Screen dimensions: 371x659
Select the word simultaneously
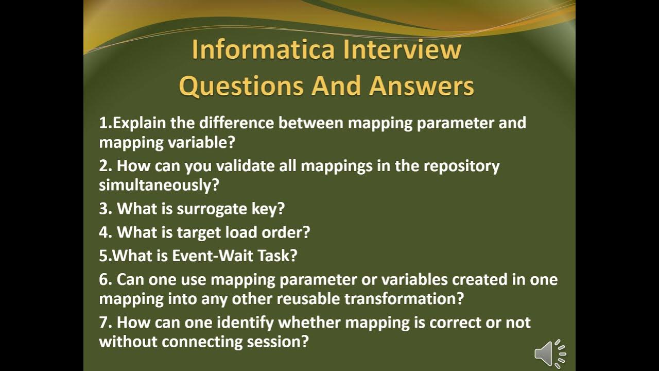[x=159, y=185]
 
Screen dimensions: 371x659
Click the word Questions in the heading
[x=241, y=86]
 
